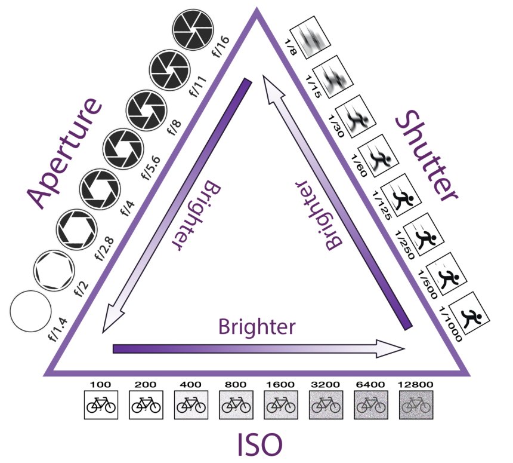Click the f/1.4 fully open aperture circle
click(x=30, y=312)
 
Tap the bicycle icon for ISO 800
click(x=234, y=404)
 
